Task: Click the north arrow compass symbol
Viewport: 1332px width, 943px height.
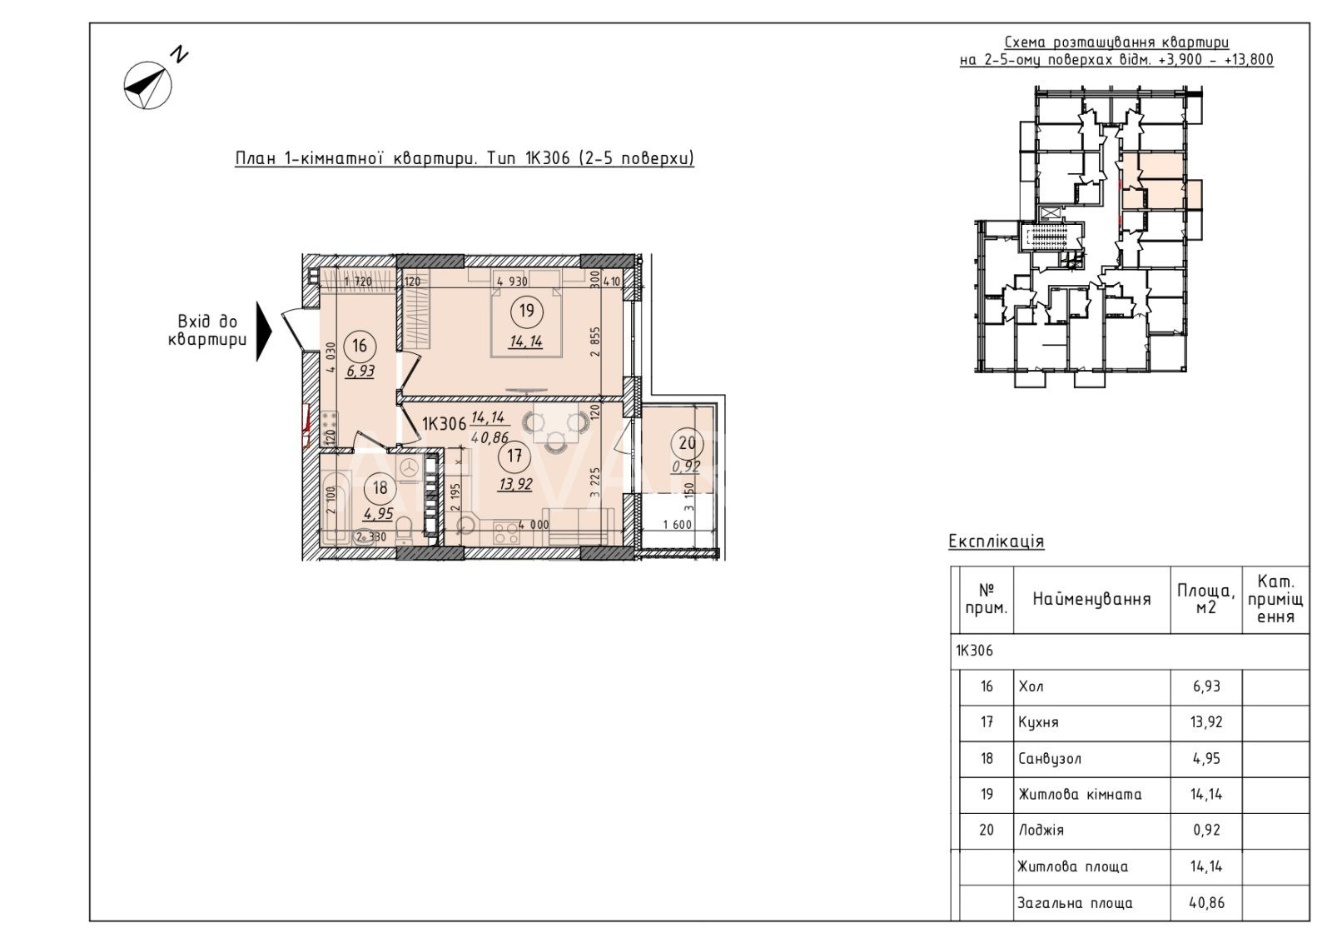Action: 147,85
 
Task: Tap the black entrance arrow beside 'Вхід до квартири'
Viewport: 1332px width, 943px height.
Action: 263,331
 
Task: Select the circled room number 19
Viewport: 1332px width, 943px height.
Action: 526,312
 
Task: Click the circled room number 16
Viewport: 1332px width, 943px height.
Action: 360,347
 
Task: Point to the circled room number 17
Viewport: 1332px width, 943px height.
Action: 514,457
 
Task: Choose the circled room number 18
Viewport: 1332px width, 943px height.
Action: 380,488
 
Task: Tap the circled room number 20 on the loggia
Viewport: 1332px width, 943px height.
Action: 687,443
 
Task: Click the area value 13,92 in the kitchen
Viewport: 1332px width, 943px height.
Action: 515,485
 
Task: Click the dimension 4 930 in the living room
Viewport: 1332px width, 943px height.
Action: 513,282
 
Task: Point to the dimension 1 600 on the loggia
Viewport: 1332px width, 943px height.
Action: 678,525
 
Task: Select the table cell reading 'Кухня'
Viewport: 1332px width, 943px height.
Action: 1037,722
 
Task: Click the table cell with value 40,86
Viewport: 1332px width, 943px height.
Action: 1206,902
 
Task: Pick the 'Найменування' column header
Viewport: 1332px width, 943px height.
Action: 1091,599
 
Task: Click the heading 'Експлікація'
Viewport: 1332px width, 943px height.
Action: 996,541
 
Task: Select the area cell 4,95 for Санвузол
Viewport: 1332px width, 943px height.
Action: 1206,759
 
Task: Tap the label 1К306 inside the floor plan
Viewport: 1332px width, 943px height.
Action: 444,424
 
